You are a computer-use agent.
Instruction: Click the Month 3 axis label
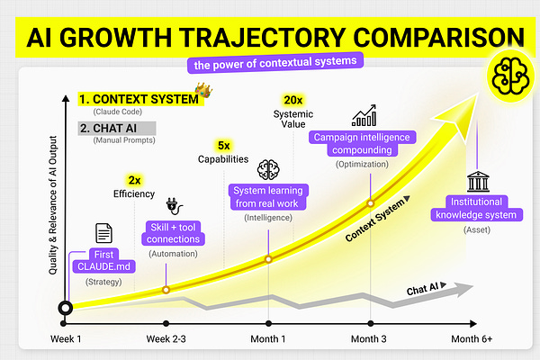click(369, 338)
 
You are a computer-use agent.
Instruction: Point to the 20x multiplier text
click(292, 99)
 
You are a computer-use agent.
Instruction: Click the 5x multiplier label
click(224, 144)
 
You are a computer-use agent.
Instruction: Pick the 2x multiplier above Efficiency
click(134, 179)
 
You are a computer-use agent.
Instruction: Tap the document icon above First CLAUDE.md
click(103, 233)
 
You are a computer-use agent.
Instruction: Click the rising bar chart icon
click(364, 117)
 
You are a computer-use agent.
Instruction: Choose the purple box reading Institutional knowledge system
click(481, 209)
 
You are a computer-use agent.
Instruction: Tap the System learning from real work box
click(269, 198)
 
